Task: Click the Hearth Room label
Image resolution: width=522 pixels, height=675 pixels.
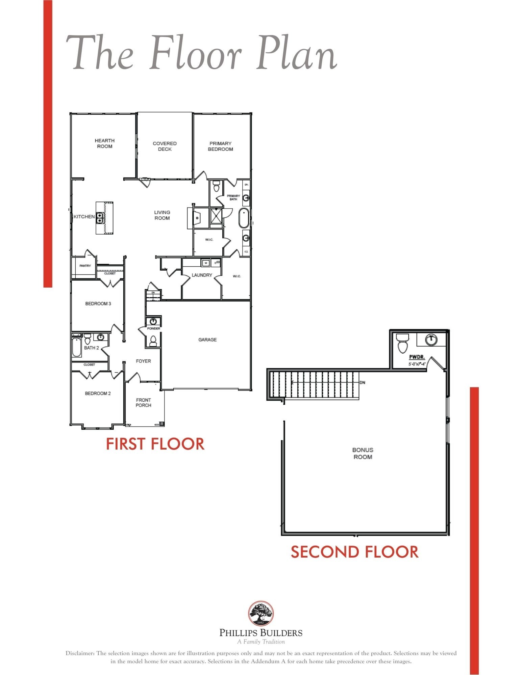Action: [104, 143]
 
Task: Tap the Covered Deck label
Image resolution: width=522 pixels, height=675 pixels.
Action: [165, 146]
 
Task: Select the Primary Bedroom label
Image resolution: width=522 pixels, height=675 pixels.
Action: [220, 146]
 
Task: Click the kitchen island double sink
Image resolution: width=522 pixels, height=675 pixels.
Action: [100, 218]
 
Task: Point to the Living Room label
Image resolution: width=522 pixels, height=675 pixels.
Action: [162, 215]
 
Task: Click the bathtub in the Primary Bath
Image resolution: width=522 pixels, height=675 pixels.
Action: [244, 218]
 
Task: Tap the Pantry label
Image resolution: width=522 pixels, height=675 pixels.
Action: [85, 266]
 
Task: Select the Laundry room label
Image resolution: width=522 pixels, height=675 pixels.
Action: [202, 275]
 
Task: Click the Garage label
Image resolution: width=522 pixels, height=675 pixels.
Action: [207, 340]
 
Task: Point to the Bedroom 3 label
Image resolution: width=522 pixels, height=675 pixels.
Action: [98, 303]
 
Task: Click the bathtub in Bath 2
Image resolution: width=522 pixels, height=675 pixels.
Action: [77, 347]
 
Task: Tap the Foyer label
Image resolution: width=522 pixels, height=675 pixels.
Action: [143, 361]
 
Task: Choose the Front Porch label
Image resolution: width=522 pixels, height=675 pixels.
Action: [143, 402]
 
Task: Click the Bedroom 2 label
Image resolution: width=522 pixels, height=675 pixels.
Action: [98, 393]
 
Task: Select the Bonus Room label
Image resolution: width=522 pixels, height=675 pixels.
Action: [363, 453]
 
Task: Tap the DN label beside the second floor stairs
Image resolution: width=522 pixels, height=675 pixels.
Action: [363, 383]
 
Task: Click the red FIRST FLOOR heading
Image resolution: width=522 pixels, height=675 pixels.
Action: [155, 443]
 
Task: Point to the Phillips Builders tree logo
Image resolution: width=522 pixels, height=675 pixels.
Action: [261, 613]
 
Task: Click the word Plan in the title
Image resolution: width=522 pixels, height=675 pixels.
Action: [297, 54]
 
